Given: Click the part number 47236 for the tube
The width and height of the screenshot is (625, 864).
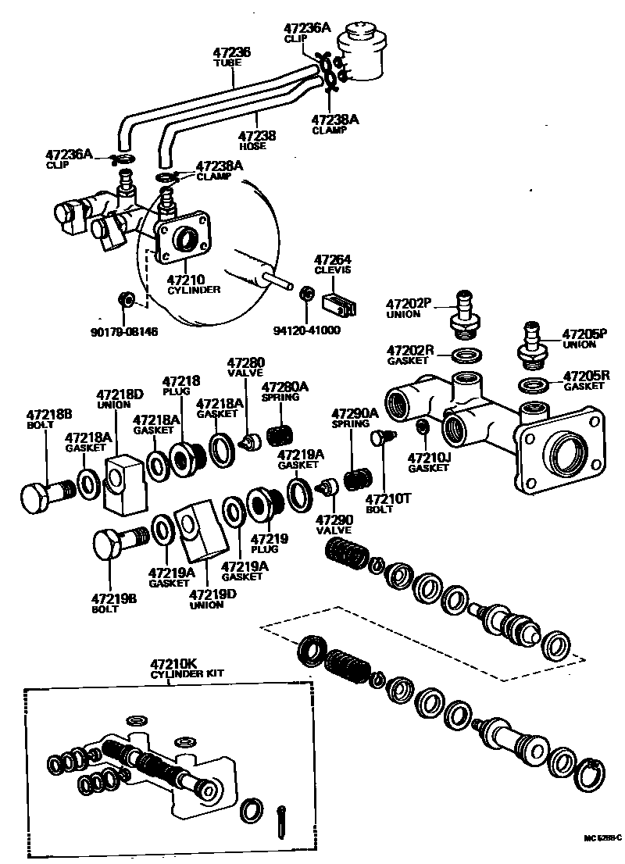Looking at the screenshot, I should click(232, 52).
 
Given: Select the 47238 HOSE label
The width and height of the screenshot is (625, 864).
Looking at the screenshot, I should click(257, 139).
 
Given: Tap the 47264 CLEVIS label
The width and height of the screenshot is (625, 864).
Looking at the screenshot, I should click(333, 264).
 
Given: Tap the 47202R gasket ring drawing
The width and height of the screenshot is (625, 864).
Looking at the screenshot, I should click(466, 356).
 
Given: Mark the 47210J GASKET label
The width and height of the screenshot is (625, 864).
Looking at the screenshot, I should click(429, 462).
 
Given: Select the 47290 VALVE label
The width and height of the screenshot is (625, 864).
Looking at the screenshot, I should click(334, 523).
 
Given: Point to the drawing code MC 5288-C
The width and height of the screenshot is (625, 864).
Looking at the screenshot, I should click(602, 838).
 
